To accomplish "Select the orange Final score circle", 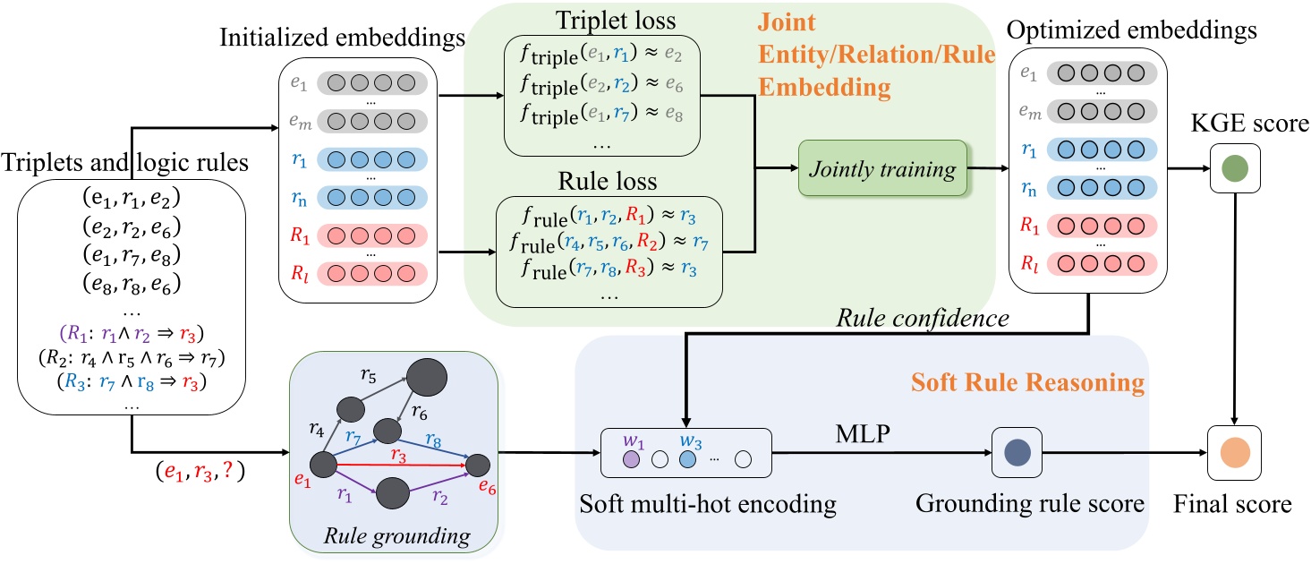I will click(1235, 448).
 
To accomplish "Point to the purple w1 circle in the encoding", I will click(629, 458).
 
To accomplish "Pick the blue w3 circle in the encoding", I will click(687, 458).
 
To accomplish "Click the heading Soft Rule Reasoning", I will click(1027, 383).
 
